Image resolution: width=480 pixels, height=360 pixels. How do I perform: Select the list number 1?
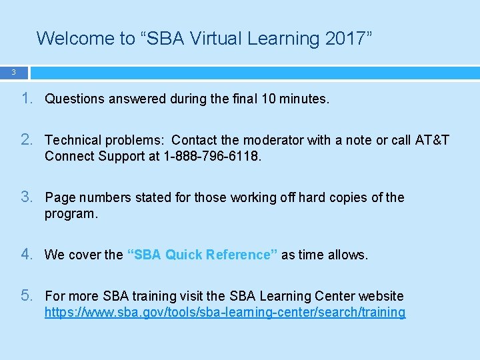tap(26, 99)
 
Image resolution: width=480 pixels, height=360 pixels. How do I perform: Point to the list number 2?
tap(26, 140)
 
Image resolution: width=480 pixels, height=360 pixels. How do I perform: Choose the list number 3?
tap(26, 197)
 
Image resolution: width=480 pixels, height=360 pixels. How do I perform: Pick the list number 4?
tap(26, 255)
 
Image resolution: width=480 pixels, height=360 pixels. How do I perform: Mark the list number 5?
tap(26, 296)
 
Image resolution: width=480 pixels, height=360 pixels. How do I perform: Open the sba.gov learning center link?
tap(225, 313)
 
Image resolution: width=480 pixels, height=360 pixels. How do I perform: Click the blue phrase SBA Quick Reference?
tap(202, 255)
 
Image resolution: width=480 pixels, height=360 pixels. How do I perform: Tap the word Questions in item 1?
tap(75, 99)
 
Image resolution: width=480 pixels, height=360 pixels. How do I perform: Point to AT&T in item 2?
tap(431, 141)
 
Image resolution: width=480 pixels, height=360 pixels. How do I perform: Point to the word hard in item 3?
tap(311, 198)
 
